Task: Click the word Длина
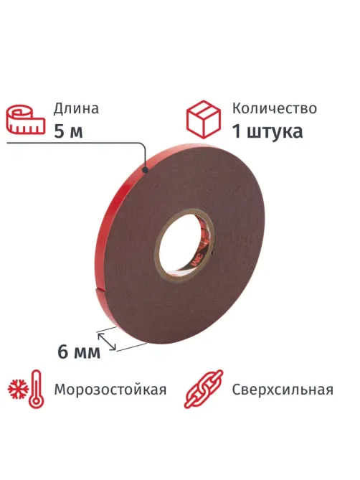point(76,108)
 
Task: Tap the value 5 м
point(68,132)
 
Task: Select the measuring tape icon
point(26,120)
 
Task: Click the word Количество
point(275,108)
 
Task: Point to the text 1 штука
point(267,132)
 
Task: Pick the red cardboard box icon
point(204,119)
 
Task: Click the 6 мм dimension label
point(79,352)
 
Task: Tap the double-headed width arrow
point(106,342)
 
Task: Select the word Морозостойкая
point(110,390)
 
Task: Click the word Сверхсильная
point(283,390)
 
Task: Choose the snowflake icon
point(19,390)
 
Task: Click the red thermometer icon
point(37,389)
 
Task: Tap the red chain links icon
point(204,389)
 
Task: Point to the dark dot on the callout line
point(146,169)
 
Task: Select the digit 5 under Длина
point(59,132)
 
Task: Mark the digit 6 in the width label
point(62,352)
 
